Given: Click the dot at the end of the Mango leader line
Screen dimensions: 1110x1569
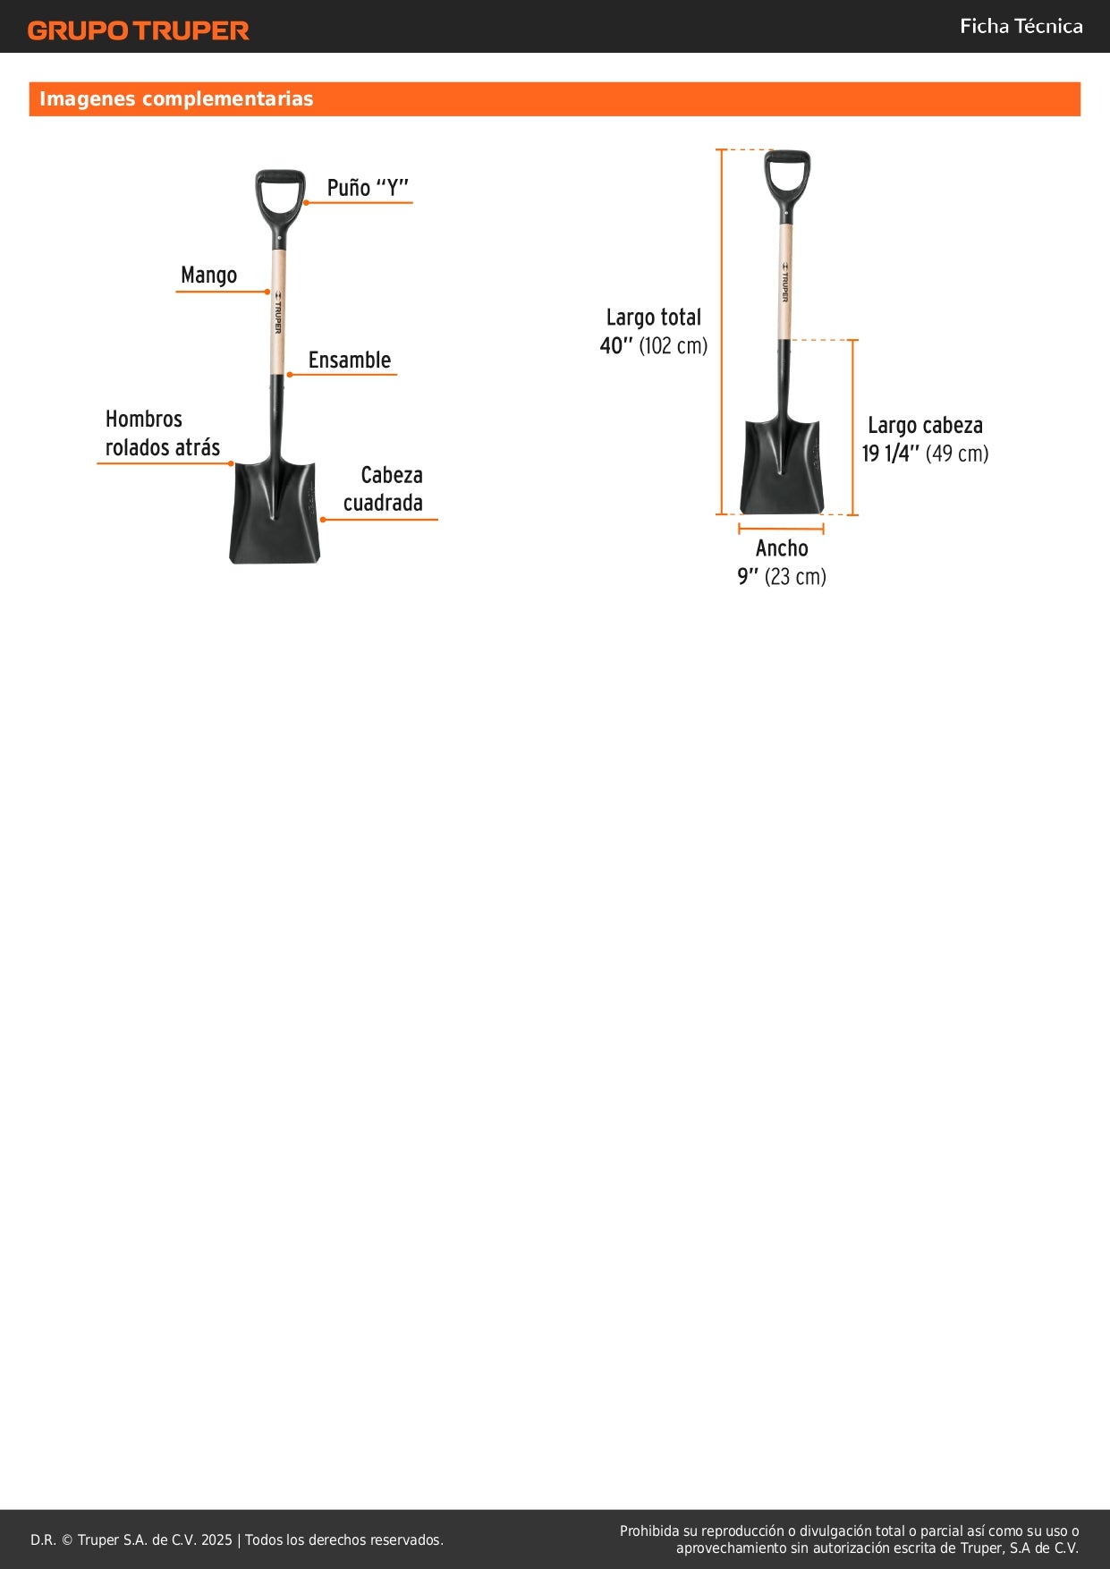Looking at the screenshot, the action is point(267,292).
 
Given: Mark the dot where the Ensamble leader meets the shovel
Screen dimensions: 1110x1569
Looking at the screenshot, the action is point(289,374).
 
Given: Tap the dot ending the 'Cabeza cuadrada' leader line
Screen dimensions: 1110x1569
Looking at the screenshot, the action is point(322,519).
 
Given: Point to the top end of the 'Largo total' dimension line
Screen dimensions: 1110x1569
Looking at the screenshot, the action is point(721,149).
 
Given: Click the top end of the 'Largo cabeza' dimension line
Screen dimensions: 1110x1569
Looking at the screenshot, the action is point(852,340).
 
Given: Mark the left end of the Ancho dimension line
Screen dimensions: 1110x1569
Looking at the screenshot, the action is point(739,530).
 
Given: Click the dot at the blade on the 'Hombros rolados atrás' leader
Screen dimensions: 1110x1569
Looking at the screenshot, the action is point(231,463).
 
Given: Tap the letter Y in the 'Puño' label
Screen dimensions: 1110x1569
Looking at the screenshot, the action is point(392,188).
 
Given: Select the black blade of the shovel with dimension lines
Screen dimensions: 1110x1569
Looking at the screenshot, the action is point(781,466).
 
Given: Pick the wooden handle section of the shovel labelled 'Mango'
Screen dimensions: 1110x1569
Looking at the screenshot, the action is point(278,312).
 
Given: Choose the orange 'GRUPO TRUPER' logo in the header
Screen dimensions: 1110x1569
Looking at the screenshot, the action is point(139,30).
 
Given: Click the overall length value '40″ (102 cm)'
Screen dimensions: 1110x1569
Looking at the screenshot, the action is point(654,345).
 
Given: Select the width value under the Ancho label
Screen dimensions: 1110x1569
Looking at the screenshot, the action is point(782,577).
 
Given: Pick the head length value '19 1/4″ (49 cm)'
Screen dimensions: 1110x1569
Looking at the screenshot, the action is point(925,454).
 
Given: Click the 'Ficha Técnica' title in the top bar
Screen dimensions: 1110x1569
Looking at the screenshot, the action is point(1021,26).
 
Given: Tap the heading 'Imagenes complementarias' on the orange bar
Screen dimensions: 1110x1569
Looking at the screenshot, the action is point(176,98).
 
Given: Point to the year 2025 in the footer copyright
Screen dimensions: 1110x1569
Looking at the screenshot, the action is point(216,1539).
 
